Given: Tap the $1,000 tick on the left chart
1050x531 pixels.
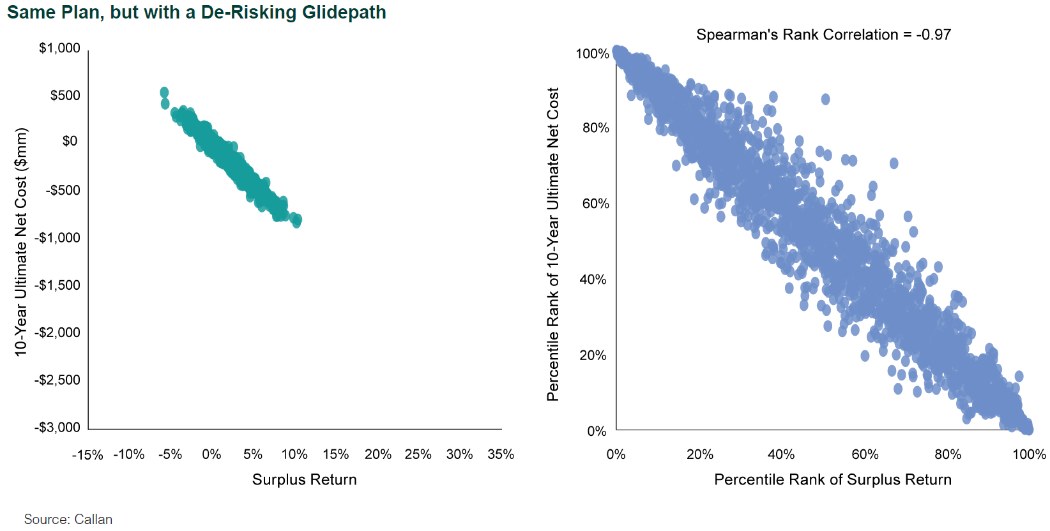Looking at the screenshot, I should coord(59,49).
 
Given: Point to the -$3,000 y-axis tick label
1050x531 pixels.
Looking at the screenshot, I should coord(57,428).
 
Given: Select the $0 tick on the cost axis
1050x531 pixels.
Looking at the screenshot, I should coord(70,141).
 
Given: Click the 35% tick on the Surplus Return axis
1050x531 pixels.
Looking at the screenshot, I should coord(501,454).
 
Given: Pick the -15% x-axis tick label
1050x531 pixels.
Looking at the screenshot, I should coord(88,455).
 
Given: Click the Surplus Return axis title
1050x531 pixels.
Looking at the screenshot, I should coord(304,480).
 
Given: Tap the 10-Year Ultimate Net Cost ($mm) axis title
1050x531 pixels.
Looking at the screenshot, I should coord(21,243).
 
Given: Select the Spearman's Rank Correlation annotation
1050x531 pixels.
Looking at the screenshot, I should coord(823,35).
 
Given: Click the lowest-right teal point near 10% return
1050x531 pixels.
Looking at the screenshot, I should coord(297,221).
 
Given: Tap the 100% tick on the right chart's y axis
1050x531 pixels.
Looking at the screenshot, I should coord(592,54).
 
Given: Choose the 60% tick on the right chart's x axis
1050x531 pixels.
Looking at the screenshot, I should coord(865,454).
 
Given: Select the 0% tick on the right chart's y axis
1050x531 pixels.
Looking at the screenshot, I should coord(597,431).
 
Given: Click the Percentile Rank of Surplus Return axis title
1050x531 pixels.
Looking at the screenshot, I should coord(832,480).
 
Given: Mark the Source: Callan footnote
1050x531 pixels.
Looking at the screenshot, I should coord(68,520).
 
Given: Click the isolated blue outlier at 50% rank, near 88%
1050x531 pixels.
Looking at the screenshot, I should coord(825,100).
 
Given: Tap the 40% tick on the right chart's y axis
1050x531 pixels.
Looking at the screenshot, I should coord(593,280).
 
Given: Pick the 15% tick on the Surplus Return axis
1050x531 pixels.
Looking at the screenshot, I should coord(336,454).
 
